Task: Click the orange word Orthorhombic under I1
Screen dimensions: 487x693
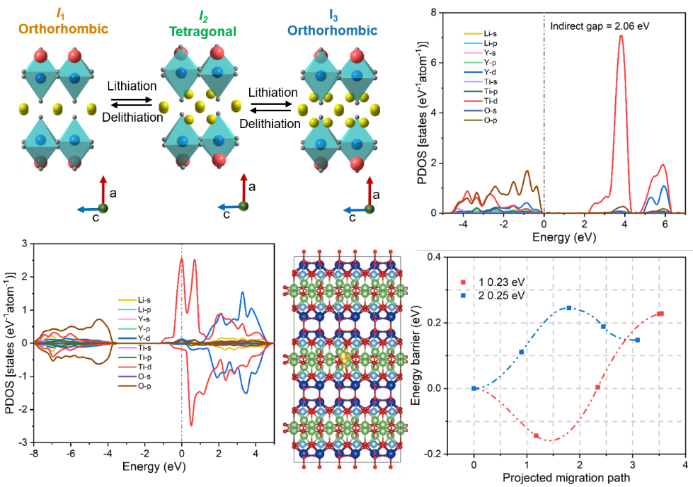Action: pyautogui.click(x=63, y=30)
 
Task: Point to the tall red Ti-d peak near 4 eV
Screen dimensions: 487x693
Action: pyautogui.click(x=622, y=37)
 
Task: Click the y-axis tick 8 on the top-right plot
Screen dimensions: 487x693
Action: pyautogui.click(x=442, y=12)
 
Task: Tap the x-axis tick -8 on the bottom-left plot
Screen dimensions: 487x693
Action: pyautogui.click(x=34, y=453)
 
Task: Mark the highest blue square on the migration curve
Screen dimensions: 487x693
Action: pyautogui.click(x=569, y=308)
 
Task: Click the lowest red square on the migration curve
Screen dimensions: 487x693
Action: pyautogui.click(x=537, y=436)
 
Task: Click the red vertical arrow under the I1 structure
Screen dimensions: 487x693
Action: pyautogui.click(x=103, y=190)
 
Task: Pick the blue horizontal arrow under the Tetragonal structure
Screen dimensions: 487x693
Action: pyautogui.click(x=228, y=207)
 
